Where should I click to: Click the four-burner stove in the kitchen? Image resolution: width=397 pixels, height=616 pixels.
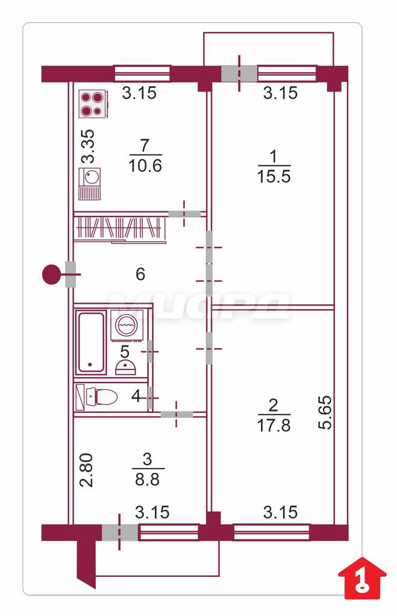[93, 103]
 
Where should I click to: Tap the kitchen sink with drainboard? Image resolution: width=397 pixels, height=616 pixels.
[90, 183]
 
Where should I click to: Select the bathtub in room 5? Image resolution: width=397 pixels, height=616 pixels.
[91, 342]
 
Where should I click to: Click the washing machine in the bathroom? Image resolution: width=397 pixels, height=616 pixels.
[127, 323]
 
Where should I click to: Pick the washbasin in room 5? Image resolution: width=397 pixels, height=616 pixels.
[126, 368]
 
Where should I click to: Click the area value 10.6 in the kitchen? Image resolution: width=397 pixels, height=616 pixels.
[145, 165]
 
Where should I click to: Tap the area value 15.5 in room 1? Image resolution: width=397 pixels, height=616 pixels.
[274, 176]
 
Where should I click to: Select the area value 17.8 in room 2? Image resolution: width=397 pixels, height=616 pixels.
[274, 425]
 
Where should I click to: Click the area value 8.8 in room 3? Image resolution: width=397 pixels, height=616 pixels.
[148, 479]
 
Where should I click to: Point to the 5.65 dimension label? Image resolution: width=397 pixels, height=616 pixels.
[326, 413]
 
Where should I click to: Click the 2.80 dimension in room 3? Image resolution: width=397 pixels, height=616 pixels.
[87, 470]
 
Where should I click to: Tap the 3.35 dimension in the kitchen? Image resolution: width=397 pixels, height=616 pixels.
[88, 146]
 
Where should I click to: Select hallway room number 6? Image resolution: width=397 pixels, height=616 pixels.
[140, 274]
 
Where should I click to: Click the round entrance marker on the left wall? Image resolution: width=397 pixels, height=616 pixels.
[51, 274]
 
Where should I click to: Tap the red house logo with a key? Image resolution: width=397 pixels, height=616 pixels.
[363, 577]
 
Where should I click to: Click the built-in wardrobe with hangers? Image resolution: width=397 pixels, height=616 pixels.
[120, 228]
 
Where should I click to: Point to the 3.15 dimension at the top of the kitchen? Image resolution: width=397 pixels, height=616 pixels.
[139, 93]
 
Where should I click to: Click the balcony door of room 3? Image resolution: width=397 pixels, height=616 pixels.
[120, 532]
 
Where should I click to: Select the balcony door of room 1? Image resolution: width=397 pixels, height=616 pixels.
[239, 73]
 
